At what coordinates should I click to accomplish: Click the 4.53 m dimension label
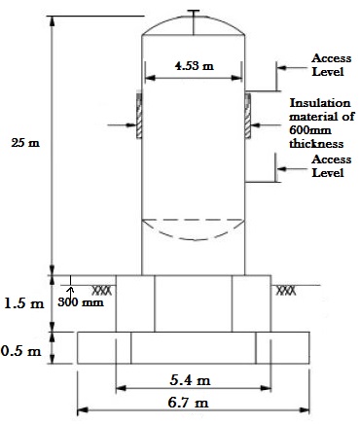click(x=195, y=66)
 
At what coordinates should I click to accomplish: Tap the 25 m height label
click(x=25, y=143)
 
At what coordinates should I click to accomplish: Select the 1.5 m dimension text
click(x=23, y=303)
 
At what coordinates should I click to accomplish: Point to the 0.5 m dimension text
click(x=21, y=351)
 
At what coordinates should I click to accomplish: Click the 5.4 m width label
click(x=190, y=379)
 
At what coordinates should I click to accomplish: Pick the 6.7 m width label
click(x=189, y=403)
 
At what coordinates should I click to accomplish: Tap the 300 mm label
click(x=81, y=302)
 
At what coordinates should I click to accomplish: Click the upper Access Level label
click(x=331, y=65)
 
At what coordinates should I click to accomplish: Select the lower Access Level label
click(x=331, y=166)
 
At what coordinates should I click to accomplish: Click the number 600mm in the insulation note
click(x=310, y=130)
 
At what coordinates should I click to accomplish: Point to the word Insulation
click(x=320, y=103)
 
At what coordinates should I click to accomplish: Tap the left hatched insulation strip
click(x=139, y=116)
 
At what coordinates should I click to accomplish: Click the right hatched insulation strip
click(x=248, y=116)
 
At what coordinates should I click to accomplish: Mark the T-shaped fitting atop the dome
click(x=194, y=22)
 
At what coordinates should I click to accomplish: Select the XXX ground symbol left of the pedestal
click(x=102, y=291)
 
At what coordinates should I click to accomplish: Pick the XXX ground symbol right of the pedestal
click(x=286, y=291)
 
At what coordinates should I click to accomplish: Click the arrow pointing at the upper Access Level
click(x=292, y=68)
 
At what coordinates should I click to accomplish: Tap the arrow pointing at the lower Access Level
click(x=292, y=169)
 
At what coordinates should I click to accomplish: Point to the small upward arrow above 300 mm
click(x=70, y=291)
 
